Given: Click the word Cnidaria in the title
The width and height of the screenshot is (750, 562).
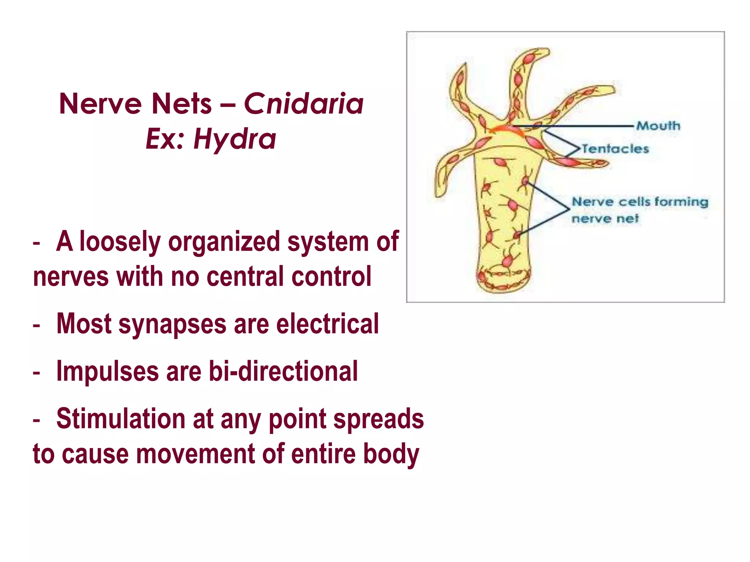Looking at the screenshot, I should click(304, 104).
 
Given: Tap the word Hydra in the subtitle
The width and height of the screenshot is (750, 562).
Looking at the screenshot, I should click(235, 139).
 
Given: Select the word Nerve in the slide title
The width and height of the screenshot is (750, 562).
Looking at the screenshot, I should click(100, 104).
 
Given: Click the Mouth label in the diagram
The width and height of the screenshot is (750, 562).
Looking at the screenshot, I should click(658, 126).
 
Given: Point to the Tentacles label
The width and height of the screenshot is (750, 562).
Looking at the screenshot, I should click(615, 149).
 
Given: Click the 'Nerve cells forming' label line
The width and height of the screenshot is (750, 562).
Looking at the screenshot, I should click(640, 202).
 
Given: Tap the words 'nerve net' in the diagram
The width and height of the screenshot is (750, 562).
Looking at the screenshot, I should click(605, 219).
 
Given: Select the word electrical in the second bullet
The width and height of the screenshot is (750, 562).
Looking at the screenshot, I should click(327, 324).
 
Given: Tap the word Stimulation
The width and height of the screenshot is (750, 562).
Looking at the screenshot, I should click(121, 419).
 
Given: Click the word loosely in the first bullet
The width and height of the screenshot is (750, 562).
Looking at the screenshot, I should click(120, 242).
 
